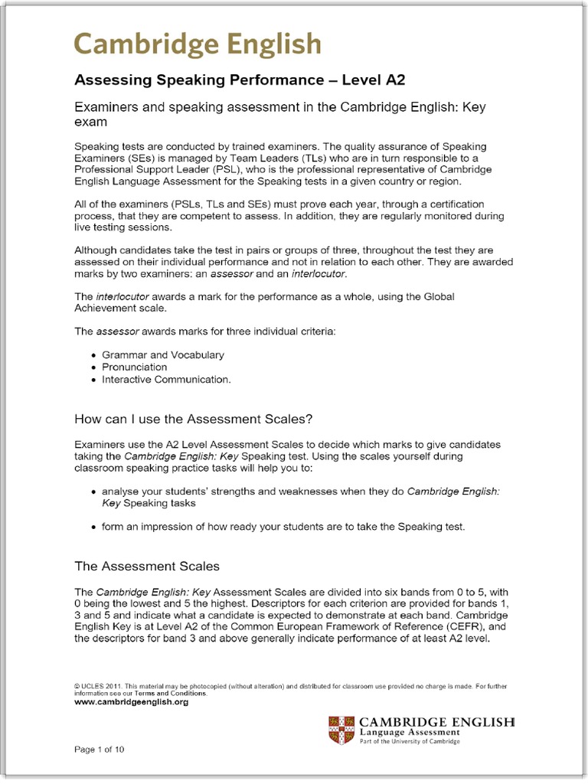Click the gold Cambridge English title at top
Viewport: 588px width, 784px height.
coord(198,44)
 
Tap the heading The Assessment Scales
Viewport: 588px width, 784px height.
coord(146,567)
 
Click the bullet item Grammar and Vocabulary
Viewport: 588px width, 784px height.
coord(163,355)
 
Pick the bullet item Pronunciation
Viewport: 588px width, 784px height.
coord(134,367)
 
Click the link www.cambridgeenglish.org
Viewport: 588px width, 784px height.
coord(131,702)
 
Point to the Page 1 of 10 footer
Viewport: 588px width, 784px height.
coord(99,749)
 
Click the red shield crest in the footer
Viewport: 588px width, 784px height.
coord(341,730)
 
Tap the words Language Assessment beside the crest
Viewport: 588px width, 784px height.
coord(410,733)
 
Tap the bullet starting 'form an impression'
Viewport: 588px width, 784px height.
coord(283,527)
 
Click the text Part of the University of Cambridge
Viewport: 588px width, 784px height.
coord(410,742)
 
